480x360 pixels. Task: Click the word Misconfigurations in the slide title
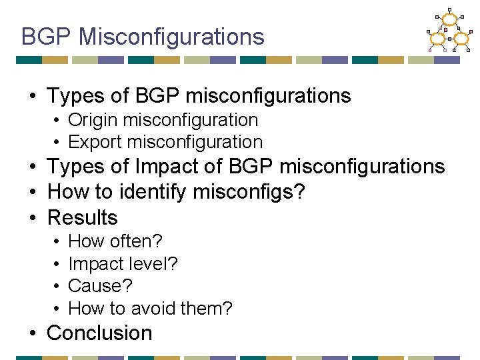pos(171,37)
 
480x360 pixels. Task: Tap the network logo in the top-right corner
pos(449,30)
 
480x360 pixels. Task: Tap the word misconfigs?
pos(249,192)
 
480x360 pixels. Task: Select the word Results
pos(83,217)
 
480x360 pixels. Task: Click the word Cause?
pos(101,286)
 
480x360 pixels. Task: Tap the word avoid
pos(155,309)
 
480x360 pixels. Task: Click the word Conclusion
pos(100,333)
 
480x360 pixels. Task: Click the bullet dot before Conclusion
pos(33,333)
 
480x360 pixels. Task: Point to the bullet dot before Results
pos(33,218)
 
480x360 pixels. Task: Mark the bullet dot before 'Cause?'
pos(58,287)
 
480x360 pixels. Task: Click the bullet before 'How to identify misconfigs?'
pos(33,193)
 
